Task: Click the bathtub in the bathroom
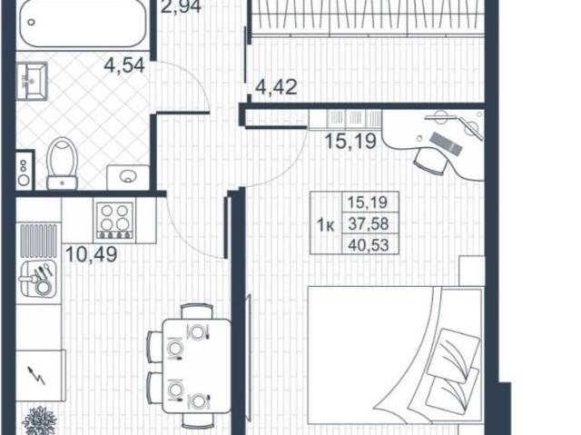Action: coord(83,24)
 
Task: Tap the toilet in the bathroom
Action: coord(63,163)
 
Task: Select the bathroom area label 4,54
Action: coord(124,66)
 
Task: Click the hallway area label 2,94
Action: coord(182,6)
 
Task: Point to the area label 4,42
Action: coord(276,87)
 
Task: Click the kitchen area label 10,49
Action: coord(91,254)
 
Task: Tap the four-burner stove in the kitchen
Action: coord(114,220)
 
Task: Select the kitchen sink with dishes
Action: coord(38,278)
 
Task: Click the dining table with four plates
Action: coord(197,366)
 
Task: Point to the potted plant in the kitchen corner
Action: coord(39,421)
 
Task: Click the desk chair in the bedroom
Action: coord(429,161)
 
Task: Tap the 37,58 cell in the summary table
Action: coord(369,223)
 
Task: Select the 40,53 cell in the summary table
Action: coord(369,244)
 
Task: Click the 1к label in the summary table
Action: coord(326,225)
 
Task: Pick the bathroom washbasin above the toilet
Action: coord(32,81)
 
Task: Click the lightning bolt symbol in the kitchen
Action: coord(38,375)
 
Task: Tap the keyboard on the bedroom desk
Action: coord(446,143)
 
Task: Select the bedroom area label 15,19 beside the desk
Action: coord(350,141)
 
